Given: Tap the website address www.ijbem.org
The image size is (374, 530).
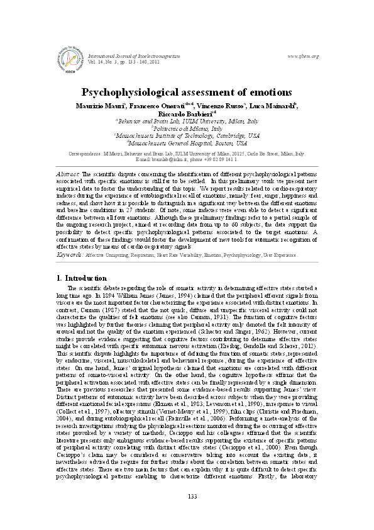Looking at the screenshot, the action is pos(302,56).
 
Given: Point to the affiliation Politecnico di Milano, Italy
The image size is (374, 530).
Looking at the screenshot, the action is pos(187,128).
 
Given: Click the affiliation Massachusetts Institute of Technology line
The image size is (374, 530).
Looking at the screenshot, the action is pos(187,135).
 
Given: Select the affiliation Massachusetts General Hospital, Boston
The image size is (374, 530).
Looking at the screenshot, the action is pos(187,143).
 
